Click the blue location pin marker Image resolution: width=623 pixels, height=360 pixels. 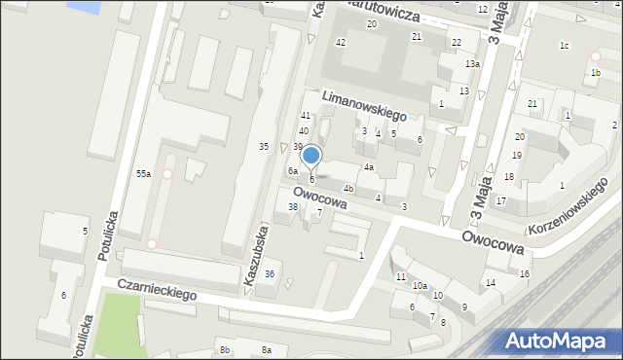pos(311,156)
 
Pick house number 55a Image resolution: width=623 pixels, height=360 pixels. pos(143,173)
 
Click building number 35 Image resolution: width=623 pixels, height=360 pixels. pos(263,146)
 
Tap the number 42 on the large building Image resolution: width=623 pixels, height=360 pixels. pos(340,42)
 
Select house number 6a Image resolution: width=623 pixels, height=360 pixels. pos(292,171)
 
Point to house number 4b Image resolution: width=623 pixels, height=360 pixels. pos(348,188)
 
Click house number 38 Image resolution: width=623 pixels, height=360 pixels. pos(292,206)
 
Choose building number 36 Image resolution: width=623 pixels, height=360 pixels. pos(270,274)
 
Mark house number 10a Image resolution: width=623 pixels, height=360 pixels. pos(419,285)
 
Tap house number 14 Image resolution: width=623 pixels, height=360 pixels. pos(491,283)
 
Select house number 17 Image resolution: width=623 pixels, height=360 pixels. pos(501,201)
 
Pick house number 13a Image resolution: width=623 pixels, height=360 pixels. pos(472,64)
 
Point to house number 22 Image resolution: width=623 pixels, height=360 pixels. pos(457,43)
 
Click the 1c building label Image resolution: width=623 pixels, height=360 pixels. pos(564,46)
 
